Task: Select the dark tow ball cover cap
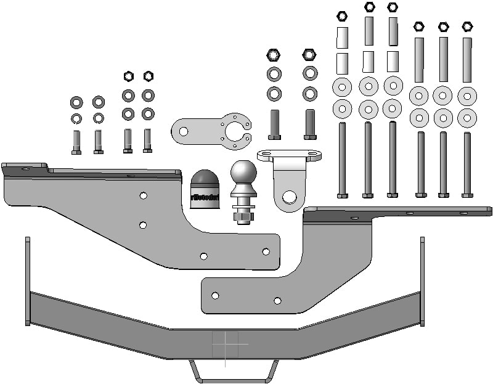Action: (205, 189)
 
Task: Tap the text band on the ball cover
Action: (205, 197)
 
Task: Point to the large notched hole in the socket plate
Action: (236, 131)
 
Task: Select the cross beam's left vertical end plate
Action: (27, 280)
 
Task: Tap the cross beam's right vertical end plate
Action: (422, 280)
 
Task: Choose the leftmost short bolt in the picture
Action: (76, 142)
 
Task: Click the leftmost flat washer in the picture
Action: (77, 102)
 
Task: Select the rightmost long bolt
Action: (467, 164)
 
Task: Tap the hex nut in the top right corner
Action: (467, 27)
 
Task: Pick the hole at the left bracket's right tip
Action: (266, 251)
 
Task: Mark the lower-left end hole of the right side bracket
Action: (215, 295)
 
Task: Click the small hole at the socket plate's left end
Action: (183, 130)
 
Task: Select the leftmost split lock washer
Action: (76, 118)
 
